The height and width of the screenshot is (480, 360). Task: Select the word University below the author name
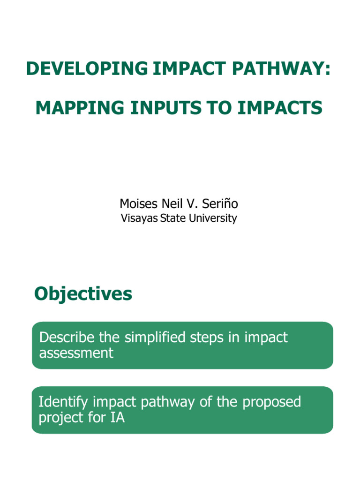[213, 218]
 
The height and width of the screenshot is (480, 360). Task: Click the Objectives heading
[83, 294]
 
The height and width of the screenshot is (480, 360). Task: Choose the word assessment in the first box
[76, 352]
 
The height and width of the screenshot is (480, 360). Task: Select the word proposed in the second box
[271, 402]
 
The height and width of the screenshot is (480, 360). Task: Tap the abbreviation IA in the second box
[118, 417]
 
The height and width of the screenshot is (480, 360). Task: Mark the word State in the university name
[173, 218]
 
